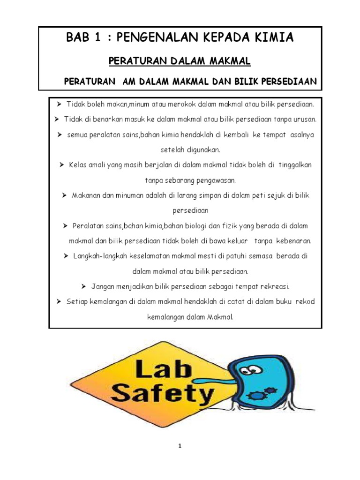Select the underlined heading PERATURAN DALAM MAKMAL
(x=180, y=61)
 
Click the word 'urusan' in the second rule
(x=305, y=119)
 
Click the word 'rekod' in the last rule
(x=305, y=301)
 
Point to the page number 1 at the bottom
(x=180, y=446)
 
